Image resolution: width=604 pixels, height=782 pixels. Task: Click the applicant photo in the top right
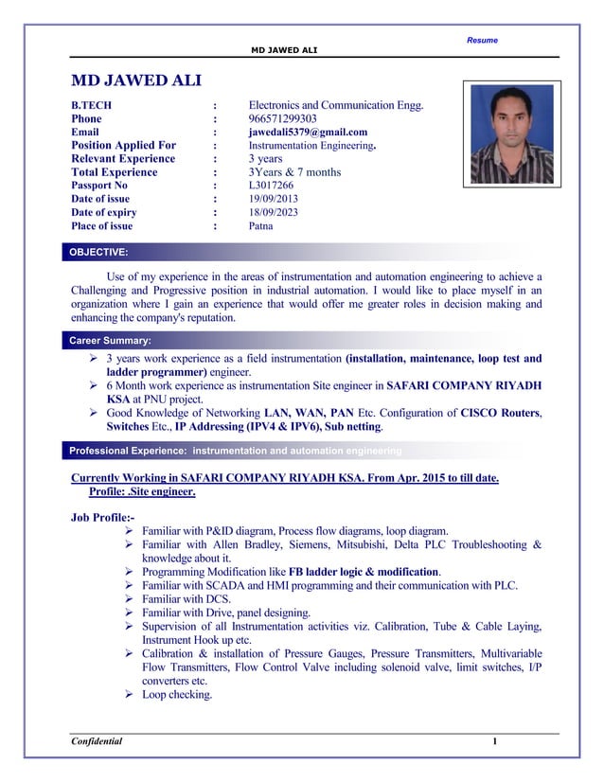pyautogui.click(x=511, y=133)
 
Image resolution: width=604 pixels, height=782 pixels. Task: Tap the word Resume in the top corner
pyautogui.click(x=482, y=40)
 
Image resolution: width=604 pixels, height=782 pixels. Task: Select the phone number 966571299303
pyautogui.click(x=282, y=119)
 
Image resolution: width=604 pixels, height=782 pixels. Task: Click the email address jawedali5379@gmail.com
pyautogui.click(x=308, y=133)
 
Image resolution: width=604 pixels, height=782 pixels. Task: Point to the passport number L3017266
pyautogui.click(x=271, y=187)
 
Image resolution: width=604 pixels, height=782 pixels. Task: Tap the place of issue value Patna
pyautogui.click(x=261, y=226)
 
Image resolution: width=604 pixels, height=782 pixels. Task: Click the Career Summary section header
pyautogui.click(x=110, y=340)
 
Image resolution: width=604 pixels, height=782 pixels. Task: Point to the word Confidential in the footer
pyautogui.click(x=98, y=740)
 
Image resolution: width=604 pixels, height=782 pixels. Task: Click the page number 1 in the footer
pyautogui.click(x=494, y=740)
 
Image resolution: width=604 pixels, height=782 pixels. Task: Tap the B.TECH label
pyautogui.click(x=92, y=106)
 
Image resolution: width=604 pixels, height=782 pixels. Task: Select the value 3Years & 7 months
pyautogui.click(x=294, y=173)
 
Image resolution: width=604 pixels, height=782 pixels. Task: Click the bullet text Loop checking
pyautogui.click(x=177, y=695)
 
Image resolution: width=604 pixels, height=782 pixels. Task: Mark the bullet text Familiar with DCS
pyautogui.click(x=187, y=599)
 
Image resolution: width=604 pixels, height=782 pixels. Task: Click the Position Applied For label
pyautogui.click(x=124, y=146)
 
